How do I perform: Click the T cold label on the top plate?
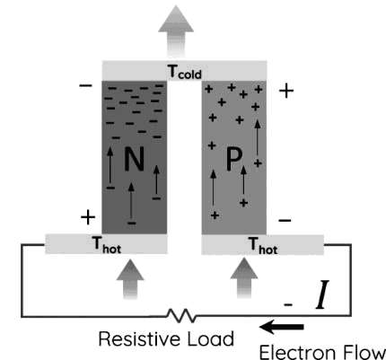click(185, 73)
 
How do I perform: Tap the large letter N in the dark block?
click(134, 159)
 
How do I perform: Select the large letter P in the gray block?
click(233, 160)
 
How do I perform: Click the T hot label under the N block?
click(107, 245)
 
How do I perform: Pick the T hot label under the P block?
click(263, 246)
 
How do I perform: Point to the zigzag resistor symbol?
click(181, 316)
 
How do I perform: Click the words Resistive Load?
click(166, 338)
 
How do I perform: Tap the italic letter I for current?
click(322, 294)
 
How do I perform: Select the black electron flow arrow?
click(282, 327)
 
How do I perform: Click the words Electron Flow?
click(322, 352)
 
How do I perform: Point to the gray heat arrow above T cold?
click(176, 31)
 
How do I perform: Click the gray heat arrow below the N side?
click(130, 279)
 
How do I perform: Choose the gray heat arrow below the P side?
click(244, 278)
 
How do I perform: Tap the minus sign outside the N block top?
click(85, 86)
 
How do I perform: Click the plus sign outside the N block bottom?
click(88, 217)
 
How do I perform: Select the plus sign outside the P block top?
click(286, 91)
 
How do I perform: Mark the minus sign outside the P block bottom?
click(285, 221)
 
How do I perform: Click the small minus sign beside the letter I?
click(288, 305)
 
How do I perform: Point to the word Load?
click(211, 338)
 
